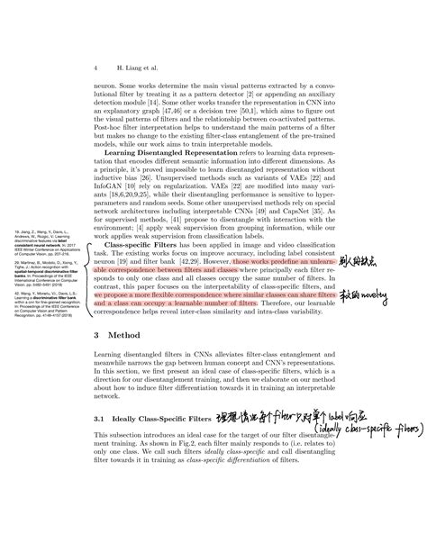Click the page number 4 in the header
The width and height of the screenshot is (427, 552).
[x=95, y=68]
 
